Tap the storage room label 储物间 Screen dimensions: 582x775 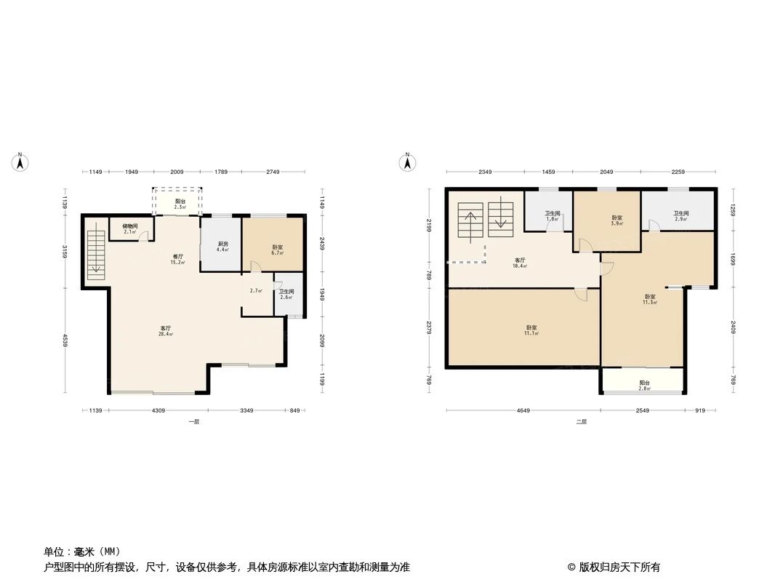tap(130, 228)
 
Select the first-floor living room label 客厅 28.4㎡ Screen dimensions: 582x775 tap(166, 331)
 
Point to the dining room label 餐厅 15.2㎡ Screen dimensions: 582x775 tap(177, 258)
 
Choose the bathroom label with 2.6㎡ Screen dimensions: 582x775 tap(286, 294)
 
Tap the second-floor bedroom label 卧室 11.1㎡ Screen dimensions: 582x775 tap(532, 330)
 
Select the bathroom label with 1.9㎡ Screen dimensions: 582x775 tap(553, 215)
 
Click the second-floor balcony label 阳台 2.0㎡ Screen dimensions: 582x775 tap(644, 385)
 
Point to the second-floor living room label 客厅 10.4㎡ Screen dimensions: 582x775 tap(520, 263)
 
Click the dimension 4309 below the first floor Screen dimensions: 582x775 tap(158, 411)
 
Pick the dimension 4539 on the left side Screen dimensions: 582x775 tap(65, 340)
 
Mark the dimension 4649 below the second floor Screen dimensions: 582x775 tap(523, 411)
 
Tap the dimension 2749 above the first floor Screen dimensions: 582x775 tap(272, 172)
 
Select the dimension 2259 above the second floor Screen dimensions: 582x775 tap(678, 172)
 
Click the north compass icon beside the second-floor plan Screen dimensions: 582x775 tap(409, 162)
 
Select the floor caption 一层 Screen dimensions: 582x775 tap(193, 422)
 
